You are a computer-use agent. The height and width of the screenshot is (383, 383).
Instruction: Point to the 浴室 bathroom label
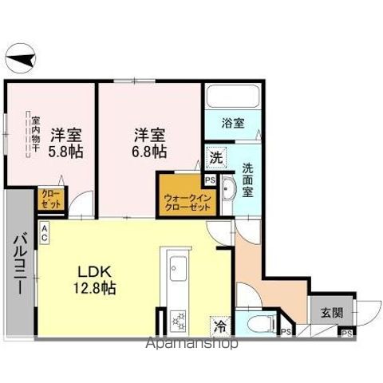tap(233, 124)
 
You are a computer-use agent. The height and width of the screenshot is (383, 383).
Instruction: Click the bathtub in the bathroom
tap(232, 98)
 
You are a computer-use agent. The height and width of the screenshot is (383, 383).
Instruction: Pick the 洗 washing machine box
tap(216, 157)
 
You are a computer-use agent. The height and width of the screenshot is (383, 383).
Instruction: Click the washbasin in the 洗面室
tap(229, 190)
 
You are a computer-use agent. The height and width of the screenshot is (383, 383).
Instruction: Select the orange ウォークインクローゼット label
tap(187, 200)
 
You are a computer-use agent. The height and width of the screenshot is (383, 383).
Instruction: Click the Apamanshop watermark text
tap(191, 345)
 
